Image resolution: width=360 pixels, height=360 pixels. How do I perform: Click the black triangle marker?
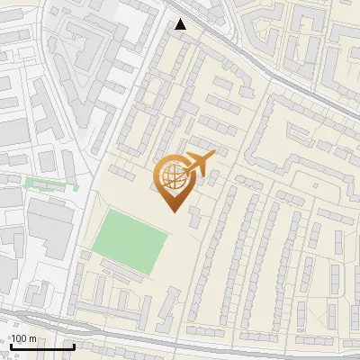tap(181, 24)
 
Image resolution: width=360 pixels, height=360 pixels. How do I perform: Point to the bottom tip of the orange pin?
tap(174, 211)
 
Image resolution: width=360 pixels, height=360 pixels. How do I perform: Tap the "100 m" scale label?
tap(22, 338)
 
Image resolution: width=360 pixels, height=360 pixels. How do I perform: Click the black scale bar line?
tap(40, 346)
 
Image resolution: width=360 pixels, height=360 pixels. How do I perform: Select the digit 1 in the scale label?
tap(13, 338)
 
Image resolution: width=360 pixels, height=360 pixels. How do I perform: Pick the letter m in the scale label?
tap(32, 338)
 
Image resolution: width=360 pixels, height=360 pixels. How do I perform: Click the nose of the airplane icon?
tap(214, 155)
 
